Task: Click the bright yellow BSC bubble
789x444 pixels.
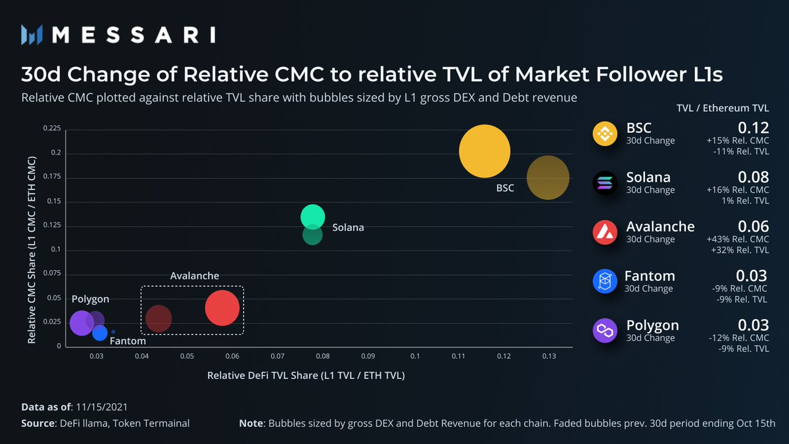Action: (x=485, y=152)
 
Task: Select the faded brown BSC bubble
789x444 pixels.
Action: (x=548, y=178)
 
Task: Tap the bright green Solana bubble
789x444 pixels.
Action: (x=313, y=216)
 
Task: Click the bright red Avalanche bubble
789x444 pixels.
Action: (x=222, y=308)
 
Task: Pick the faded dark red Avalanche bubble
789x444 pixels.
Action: (x=158, y=318)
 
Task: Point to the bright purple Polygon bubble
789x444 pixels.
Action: (x=81, y=322)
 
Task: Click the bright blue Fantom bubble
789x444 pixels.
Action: (x=99, y=333)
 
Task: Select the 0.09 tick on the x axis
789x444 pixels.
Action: (x=367, y=356)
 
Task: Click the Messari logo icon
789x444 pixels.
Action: (x=32, y=34)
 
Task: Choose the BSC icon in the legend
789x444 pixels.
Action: (x=604, y=134)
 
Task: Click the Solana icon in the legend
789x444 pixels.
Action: (x=604, y=183)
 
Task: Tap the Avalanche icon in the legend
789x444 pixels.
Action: (x=604, y=232)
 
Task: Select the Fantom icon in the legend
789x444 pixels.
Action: (x=604, y=282)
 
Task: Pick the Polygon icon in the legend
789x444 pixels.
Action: (x=604, y=331)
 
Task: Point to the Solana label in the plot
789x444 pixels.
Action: (x=348, y=228)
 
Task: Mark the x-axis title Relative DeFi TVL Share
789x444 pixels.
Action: (x=306, y=376)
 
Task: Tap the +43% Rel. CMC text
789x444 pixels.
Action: (x=738, y=239)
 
